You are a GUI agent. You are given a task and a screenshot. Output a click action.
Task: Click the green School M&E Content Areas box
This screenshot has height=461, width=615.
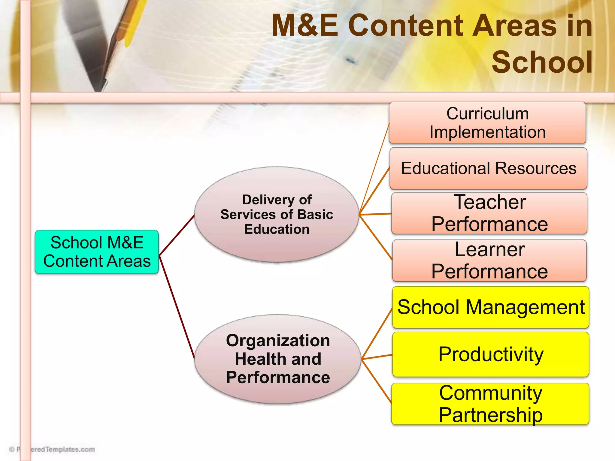[x=97, y=252]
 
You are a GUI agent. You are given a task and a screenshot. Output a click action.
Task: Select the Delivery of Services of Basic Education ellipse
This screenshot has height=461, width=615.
[x=277, y=214]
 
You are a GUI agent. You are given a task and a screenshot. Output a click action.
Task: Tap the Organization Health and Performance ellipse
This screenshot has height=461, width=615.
[x=278, y=359]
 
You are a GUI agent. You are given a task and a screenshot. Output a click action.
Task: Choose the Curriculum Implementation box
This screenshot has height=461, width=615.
[x=487, y=123]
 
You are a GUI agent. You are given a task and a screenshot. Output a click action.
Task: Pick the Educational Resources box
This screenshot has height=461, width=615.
[x=488, y=168]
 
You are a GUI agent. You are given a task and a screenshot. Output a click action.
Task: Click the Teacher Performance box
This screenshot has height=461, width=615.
[x=489, y=213]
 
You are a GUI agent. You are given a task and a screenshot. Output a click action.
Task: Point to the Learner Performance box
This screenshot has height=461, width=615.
[x=489, y=260]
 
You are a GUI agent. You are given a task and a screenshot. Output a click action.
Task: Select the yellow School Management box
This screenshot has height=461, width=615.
[x=490, y=307]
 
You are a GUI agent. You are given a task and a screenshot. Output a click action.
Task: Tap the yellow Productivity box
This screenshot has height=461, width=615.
[x=490, y=354]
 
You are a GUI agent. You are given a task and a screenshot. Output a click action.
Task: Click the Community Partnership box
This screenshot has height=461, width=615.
[x=490, y=404]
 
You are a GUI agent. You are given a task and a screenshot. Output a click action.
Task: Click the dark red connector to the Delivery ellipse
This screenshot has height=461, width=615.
[x=177, y=235]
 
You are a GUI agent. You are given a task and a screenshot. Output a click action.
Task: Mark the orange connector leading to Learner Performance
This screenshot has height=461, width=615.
[x=375, y=237]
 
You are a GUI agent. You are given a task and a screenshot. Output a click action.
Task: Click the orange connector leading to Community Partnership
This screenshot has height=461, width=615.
[x=377, y=381]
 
